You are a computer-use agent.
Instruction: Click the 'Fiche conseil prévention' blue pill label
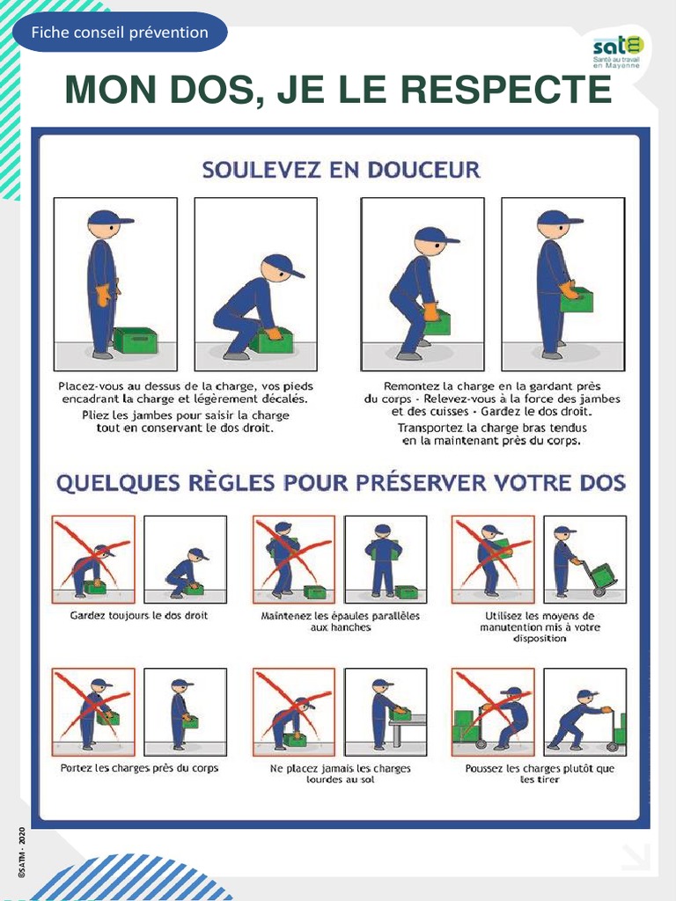click(120, 33)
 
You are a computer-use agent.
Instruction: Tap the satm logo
click(618, 52)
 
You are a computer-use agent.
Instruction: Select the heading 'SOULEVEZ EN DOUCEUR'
click(341, 170)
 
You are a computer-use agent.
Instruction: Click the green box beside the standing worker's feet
click(135, 341)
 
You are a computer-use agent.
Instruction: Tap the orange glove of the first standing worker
click(104, 295)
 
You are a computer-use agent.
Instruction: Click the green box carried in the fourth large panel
click(577, 299)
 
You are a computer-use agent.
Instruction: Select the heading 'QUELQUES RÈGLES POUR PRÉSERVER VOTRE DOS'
click(341, 483)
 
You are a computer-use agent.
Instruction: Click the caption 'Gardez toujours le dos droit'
click(138, 615)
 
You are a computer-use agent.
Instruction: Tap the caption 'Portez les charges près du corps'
click(139, 767)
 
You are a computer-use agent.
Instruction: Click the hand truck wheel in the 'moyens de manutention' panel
click(599, 591)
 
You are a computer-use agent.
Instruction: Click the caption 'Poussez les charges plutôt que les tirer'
click(540, 773)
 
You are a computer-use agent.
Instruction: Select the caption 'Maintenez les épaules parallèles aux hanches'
click(341, 621)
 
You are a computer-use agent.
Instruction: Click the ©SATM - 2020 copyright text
click(22, 853)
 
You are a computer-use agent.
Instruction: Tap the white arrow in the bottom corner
click(636, 857)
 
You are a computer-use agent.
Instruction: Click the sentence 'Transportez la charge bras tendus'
click(492, 428)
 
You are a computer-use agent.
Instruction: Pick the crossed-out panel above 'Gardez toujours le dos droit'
click(93, 559)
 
